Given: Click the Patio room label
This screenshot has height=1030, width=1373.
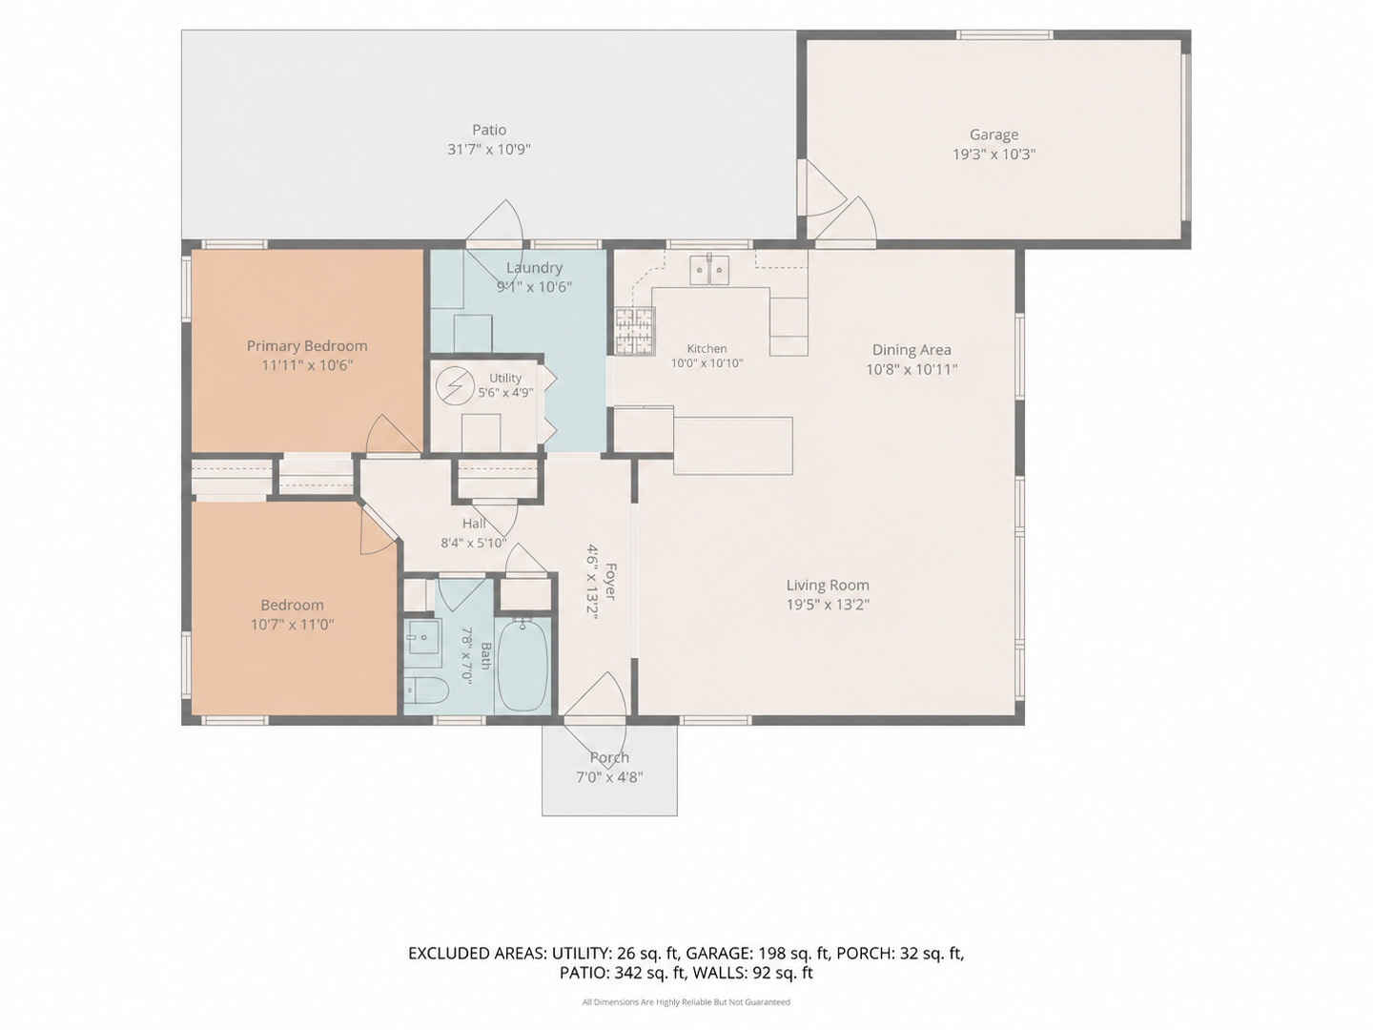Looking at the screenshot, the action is tap(488, 130).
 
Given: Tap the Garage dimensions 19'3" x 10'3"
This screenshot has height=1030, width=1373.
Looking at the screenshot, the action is tap(994, 154).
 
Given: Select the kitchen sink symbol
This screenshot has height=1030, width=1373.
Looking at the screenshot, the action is tap(709, 270).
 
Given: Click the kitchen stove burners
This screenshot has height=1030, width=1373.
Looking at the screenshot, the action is tap(634, 331).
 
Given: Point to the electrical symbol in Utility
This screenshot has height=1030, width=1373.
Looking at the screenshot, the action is tap(455, 385).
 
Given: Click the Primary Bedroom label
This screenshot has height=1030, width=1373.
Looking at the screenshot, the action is tap(306, 346).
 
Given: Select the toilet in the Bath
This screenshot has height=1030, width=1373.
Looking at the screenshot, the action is tap(426, 691).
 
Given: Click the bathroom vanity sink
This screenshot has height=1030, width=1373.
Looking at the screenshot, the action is tap(422, 635).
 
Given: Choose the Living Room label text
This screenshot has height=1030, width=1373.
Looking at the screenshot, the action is tap(828, 585).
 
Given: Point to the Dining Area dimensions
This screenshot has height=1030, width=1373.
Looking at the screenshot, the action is tap(912, 369).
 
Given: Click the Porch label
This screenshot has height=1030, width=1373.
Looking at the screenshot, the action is tap(609, 757).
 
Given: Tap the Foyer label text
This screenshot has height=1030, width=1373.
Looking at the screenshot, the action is tap(610, 582).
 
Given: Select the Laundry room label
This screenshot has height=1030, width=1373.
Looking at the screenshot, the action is tap(534, 268).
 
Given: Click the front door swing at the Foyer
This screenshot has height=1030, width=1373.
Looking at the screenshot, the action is tap(594, 694).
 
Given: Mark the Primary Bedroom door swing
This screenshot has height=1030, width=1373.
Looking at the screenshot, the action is tap(393, 433).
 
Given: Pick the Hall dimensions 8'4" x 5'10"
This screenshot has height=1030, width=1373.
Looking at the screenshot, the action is tap(474, 543).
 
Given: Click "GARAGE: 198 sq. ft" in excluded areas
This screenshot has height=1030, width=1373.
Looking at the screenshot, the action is tap(759, 953).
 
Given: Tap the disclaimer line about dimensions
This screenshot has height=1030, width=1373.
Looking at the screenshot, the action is tap(686, 1001).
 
